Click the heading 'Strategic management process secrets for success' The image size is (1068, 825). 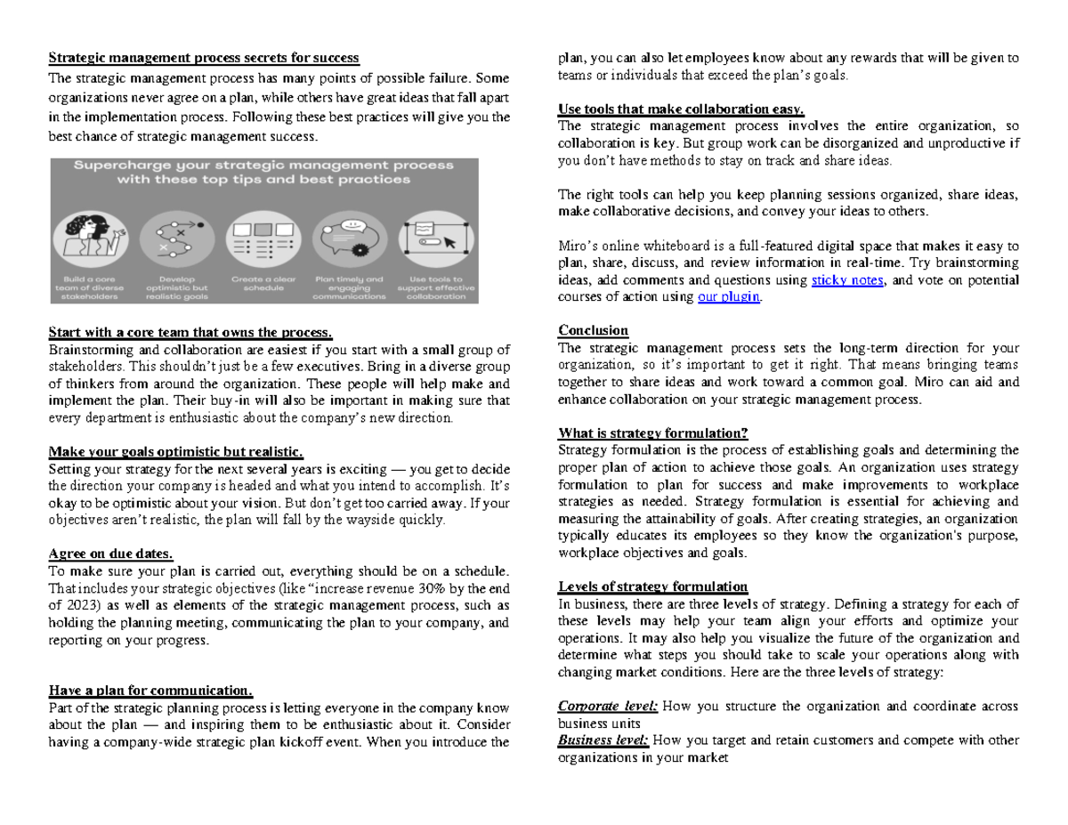(203, 58)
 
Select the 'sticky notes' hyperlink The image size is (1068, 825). (848, 280)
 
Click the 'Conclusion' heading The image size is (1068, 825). (593, 330)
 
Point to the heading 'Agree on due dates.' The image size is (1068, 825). (110, 554)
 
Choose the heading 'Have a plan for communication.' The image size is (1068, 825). (150, 691)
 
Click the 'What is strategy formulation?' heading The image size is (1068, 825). (652, 433)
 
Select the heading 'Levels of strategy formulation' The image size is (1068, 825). (652, 586)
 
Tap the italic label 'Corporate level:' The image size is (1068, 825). (608, 707)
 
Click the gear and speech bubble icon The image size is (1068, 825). (350, 236)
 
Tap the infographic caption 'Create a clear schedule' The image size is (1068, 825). (263, 284)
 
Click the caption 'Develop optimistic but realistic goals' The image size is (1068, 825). (176, 287)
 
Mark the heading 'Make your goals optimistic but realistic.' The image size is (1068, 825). (175, 451)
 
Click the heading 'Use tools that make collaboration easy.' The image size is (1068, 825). (681, 109)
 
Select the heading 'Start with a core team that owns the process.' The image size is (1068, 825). (190, 332)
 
